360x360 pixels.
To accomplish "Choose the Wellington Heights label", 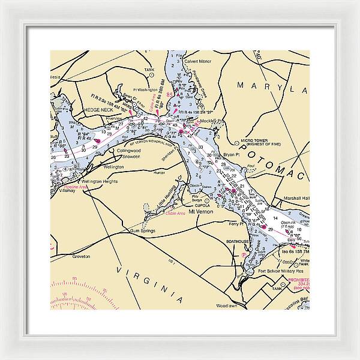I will (x=100, y=181).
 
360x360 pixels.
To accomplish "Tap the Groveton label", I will (x=80, y=256).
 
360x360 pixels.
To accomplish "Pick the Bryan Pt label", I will (x=231, y=155).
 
